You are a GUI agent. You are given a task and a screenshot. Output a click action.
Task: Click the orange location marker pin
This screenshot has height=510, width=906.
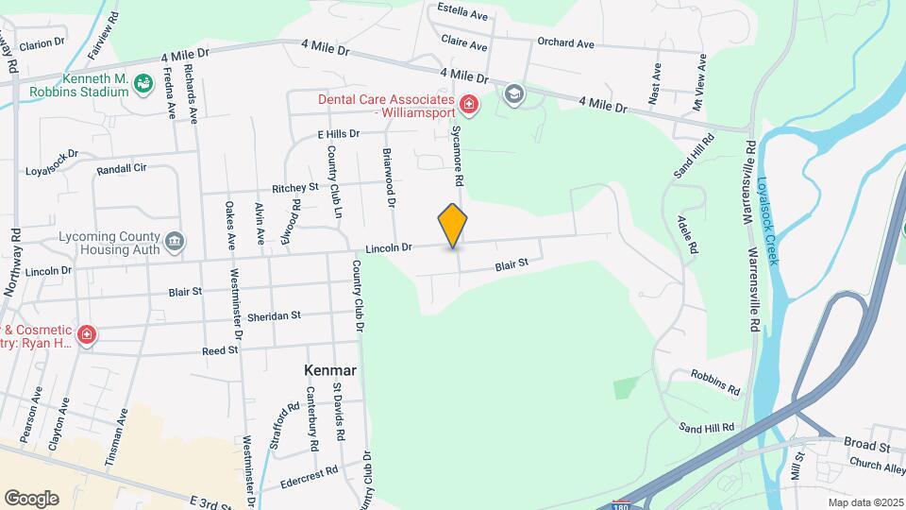[453, 226]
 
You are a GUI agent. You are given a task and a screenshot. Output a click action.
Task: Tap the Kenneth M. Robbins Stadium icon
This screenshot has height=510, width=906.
[143, 85]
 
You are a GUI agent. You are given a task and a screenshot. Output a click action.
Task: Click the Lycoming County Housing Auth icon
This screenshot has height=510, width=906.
[175, 243]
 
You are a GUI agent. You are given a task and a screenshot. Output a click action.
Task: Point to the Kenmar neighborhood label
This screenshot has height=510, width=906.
[330, 371]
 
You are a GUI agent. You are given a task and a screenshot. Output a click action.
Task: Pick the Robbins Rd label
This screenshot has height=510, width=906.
[714, 383]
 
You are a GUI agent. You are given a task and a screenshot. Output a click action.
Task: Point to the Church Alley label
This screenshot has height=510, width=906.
[877, 466]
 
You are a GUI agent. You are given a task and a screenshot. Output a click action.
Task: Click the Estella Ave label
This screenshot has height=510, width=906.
[463, 15]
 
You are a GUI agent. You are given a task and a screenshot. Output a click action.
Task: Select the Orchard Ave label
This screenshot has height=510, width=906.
[565, 43]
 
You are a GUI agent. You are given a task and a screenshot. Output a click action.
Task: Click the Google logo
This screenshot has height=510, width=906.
[31, 499]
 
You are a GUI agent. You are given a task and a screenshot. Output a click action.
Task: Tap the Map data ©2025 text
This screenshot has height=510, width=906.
[864, 502]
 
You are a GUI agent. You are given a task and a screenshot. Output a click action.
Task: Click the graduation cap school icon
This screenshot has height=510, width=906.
[513, 93]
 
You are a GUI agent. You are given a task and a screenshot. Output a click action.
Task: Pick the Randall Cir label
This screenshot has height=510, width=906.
[122, 170]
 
